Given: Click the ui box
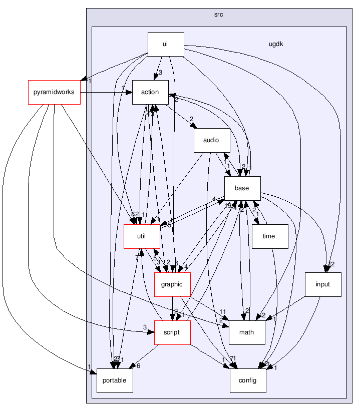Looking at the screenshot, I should [x=165, y=44].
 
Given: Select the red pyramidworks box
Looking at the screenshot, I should [x=54, y=92].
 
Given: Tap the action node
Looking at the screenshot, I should [x=150, y=92].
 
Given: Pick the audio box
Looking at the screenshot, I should [x=211, y=141].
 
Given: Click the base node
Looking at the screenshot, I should [x=242, y=189].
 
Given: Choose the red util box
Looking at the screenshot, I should [x=142, y=237].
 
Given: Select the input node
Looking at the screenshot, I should [x=323, y=284].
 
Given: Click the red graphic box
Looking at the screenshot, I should [x=172, y=284].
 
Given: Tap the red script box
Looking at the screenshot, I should [x=172, y=332].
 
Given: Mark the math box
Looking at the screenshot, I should [x=246, y=332].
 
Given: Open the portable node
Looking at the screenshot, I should [x=115, y=380].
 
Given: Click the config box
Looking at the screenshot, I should [x=247, y=380].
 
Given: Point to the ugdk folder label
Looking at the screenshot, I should [x=276, y=44].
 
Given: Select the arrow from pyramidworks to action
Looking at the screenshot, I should [x=105, y=92].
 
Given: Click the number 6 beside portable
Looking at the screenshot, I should [x=138, y=366].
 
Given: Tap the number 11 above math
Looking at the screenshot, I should [x=223, y=311].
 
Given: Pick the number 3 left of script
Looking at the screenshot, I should [x=145, y=327].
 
